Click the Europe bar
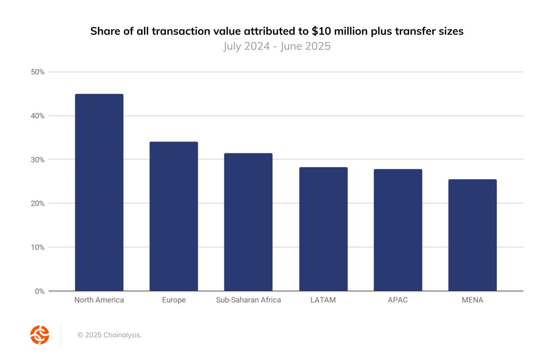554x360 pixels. pyautogui.click(x=174, y=216)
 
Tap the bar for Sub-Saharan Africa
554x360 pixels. pyautogui.click(x=248, y=222)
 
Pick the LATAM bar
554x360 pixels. pyautogui.click(x=323, y=229)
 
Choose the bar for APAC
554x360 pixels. pyautogui.click(x=398, y=230)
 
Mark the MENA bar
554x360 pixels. pyautogui.click(x=472, y=235)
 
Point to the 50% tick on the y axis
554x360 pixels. pyautogui.click(x=37, y=72)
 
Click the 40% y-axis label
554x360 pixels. pyautogui.click(x=37, y=116)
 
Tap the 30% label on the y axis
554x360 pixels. pyautogui.click(x=37, y=160)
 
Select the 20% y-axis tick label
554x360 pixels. pyautogui.click(x=37, y=204)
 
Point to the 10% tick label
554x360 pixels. pyautogui.click(x=37, y=247)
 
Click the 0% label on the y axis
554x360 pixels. pyautogui.click(x=39, y=291)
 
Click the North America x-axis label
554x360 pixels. pyautogui.click(x=99, y=300)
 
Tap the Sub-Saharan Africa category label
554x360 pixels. pyautogui.click(x=248, y=300)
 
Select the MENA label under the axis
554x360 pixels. pyautogui.click(x=472, y=300)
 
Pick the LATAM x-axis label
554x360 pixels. pyautogui.click(x=323, y=300)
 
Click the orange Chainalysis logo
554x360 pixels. pyautogui.click(x=40, y=335)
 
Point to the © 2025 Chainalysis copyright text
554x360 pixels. pyautogui.click(x=109, y=335)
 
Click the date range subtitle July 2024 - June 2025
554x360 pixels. pyautogui.click(x=277, y=46)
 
